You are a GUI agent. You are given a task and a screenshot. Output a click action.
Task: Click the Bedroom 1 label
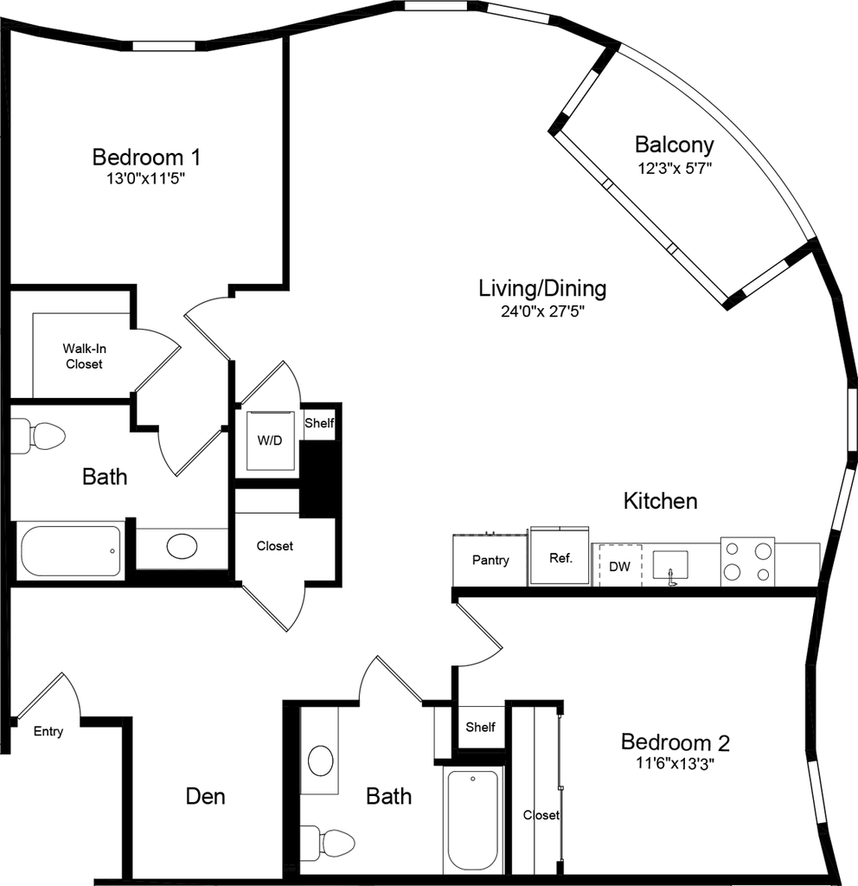pyautogui.click(x=146, y=157)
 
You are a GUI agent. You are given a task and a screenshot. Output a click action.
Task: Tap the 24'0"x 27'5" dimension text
pyautogui.click(x=542, y=311)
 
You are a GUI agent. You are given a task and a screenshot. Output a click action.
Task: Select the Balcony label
pyautogui.click(x=674, y=144)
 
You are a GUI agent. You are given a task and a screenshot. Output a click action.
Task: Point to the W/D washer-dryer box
pyautogui.click(x=270, y=440)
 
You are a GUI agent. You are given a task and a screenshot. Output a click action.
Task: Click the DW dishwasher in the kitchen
pyautogui.click(x=619, y=565)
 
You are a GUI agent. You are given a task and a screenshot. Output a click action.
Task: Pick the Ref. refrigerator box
pyautogui.click(x=560, y=556)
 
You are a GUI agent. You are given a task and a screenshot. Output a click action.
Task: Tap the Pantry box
pyautogui.click(x=490, y=560)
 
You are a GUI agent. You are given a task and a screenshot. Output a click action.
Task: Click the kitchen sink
pyautogui.click(x=670, y=566)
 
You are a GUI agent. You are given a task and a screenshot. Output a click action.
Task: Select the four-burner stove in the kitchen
pyautogui.click(x=748, y=562)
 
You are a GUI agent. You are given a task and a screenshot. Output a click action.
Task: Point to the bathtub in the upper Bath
pyautogui.click(x=71, y=551)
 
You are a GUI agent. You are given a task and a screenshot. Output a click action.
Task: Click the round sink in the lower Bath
pyautogui.click(x=321, y=761)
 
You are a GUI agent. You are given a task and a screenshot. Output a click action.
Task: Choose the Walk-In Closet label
pyautogui.click(x=84, y=356)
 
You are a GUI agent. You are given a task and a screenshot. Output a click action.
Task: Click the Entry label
pyautogui.click(x=48, y=731)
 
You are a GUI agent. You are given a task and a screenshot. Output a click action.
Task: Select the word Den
pyautogui.click(x=206, y=796)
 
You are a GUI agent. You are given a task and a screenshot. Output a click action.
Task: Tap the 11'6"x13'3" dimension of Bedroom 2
pyautogui.click(x=675, y=763)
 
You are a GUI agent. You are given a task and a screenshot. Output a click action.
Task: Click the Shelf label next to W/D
pyautogui.click(x=319, y=422)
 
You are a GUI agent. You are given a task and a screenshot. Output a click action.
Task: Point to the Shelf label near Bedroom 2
pyautogui.click(x=480, y=727)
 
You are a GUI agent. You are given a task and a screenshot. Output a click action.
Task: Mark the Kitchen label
pyautogui.click(x=660, y=501)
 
